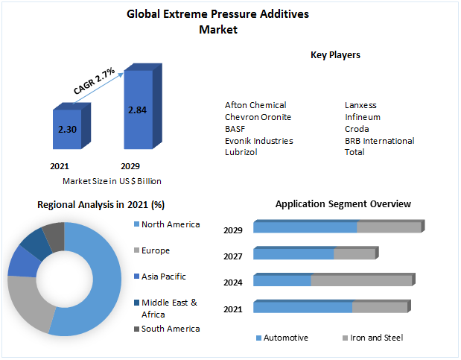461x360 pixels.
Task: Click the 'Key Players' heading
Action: (335, 55)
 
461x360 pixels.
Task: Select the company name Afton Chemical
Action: (255, 105)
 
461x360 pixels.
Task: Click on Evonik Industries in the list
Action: (258, 140)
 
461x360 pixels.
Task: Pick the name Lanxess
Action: (361, 105)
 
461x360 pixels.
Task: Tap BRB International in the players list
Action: (379, 140)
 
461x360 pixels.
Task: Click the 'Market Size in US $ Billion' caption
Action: (112, 181)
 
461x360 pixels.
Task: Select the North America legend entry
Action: (170, 224)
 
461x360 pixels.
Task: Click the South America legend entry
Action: (170, 329)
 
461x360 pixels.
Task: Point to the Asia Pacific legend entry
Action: (163, 277)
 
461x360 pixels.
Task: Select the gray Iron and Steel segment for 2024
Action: (361, 281)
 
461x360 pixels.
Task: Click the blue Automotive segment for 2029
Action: (305, 227)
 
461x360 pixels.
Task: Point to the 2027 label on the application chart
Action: (233, 257)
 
